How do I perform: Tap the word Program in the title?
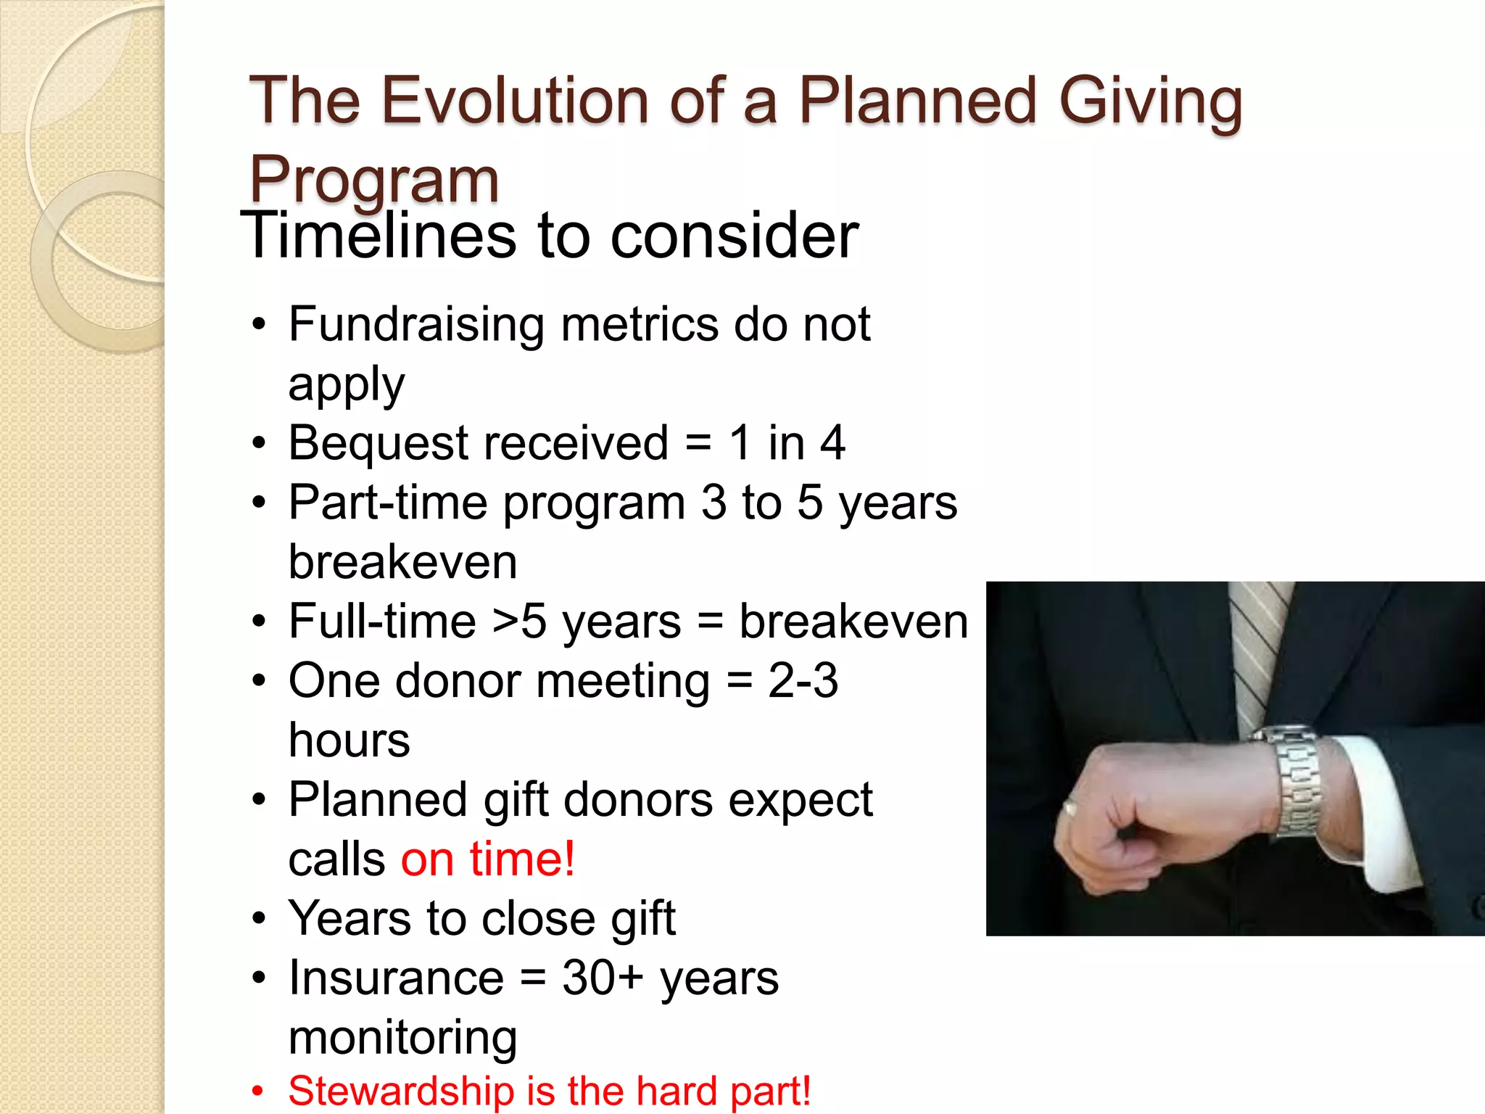pyautogui.click(x=374, y=181)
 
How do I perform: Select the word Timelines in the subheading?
pyautogui.click(x=381, y=236)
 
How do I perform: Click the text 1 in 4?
pyautogui.click(x=787, y=442)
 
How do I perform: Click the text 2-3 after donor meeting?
pyautogui.click(x=803, y=681)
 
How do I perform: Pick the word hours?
pyautogui.click(x=349, y=740)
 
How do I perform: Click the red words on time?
pyautogui.click(x=488, y=859)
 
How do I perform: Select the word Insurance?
pyautogui.click(x=396, y=978)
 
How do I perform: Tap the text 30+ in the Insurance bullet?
pyautogui.click(x=603, y=978)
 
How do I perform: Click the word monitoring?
pyautogui.click(x=402, y=1038)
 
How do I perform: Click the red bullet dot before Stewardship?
pyautogui.click(x=257, y=1092)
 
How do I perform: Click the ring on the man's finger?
pyautogui.click(x=1070, y=807)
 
